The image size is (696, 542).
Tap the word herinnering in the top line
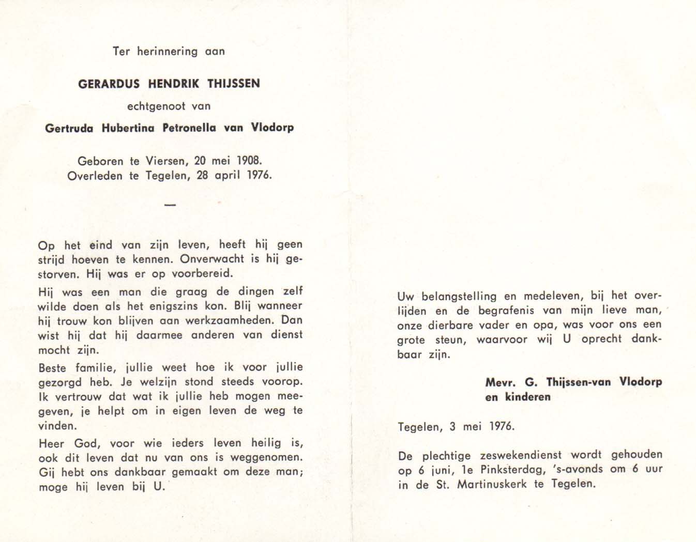[167, 51]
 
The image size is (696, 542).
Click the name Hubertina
[128, 128]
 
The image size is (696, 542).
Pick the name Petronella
[190, 128]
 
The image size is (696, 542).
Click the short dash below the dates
[170, 205]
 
